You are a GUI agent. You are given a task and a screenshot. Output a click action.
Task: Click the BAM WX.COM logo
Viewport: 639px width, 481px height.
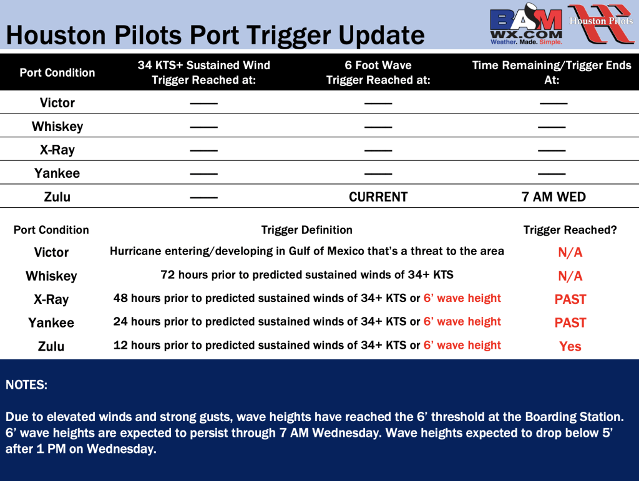(526, 24)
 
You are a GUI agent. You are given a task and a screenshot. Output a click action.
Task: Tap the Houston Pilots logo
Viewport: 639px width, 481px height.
(602, 24)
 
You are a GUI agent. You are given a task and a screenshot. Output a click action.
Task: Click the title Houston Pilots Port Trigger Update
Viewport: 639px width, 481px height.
(215, 36)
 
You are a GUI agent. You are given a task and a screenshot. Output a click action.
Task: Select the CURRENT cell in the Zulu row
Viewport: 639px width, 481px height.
(378, 197)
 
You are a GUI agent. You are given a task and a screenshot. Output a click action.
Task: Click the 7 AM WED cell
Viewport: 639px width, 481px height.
(554, 197)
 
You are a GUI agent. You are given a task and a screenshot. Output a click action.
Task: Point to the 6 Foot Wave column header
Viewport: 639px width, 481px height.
(378, 72)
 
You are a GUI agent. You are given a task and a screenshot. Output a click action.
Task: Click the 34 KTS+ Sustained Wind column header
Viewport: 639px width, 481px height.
(204, 72)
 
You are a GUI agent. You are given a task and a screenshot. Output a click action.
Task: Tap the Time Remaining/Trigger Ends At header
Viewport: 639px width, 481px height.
(552, 72)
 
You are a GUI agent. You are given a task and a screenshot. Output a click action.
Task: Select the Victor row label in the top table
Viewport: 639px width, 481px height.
(57, 103)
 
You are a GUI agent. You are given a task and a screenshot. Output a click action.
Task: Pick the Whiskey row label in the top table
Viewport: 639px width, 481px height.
(57, 126)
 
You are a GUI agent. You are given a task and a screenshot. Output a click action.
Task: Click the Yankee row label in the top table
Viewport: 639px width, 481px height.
(57, 173)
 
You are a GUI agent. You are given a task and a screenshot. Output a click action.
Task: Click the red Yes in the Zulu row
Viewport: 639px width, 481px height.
(570, 346)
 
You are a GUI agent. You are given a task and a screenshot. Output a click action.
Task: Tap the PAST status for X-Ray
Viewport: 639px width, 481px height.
(570, 299)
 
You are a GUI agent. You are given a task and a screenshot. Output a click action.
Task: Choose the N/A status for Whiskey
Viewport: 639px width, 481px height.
(570, 276)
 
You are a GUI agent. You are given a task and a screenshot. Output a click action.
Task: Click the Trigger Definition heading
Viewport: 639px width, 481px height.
(307, 230)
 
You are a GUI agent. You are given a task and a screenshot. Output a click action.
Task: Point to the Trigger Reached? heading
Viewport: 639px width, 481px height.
(570, 230)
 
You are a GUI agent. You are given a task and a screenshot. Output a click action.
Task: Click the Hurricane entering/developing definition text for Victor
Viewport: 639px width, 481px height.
(307, 251)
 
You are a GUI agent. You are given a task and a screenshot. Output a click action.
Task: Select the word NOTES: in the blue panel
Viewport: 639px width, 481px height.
(26, 385)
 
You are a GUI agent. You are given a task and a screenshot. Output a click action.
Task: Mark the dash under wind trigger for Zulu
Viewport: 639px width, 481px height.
(204, 198)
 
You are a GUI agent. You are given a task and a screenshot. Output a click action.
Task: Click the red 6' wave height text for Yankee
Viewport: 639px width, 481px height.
(462, 322)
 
